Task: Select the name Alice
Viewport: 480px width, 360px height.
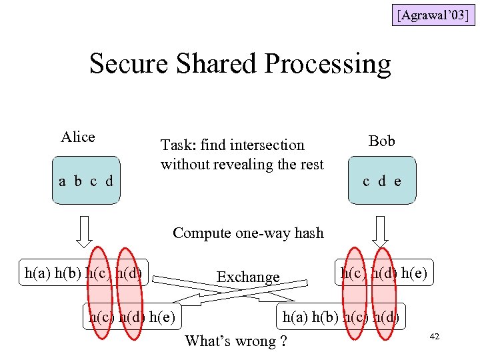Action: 78,137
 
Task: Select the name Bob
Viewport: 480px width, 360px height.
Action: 382,141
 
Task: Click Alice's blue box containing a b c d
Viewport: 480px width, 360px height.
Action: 86,180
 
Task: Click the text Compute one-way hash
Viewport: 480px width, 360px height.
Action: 248,233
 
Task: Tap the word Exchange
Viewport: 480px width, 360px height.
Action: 248,277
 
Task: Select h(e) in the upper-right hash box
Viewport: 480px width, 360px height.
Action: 417,272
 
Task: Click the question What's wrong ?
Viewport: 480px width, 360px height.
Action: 236,341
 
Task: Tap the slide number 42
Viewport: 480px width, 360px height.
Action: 435,338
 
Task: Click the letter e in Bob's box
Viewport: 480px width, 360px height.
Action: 398,181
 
